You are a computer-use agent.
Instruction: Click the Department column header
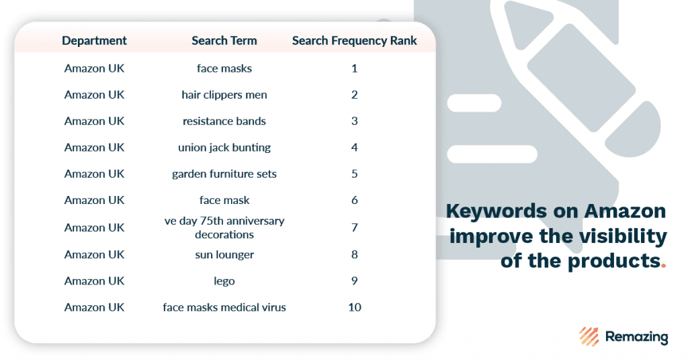point(94,41)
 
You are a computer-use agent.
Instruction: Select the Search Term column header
point(224,41)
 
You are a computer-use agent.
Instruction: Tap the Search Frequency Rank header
point(355,41)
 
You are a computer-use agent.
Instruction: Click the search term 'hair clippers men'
point(224,95)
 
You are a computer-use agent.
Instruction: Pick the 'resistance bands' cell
point(224,121)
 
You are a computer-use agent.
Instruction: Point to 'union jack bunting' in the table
point(224,148)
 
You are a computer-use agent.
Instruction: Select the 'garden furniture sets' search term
point(224,174)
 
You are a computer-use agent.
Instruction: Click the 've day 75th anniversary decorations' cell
point(224,227)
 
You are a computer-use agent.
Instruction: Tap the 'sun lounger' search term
point(224,254)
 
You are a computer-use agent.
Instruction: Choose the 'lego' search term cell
point(224,281)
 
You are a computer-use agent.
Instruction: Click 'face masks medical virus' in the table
point(224,307)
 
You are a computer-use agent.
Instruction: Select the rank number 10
point(355,307)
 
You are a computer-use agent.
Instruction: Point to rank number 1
point(355,68)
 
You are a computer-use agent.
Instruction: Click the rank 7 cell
point(355,227)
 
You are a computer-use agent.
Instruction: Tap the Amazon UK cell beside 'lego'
point(94,281)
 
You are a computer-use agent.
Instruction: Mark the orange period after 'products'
point(664,265)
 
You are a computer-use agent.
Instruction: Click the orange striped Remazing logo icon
point(589,336)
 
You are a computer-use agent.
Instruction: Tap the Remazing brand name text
point(637,336)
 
